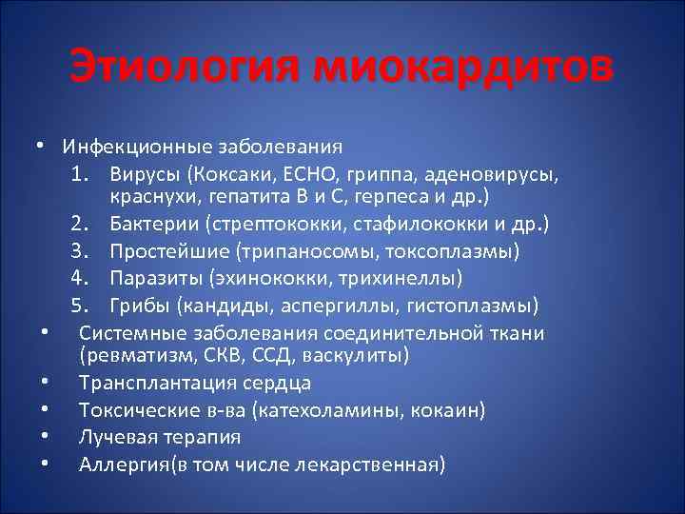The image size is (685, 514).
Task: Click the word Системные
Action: (127, 333)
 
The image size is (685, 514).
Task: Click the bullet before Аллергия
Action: (45, 465)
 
